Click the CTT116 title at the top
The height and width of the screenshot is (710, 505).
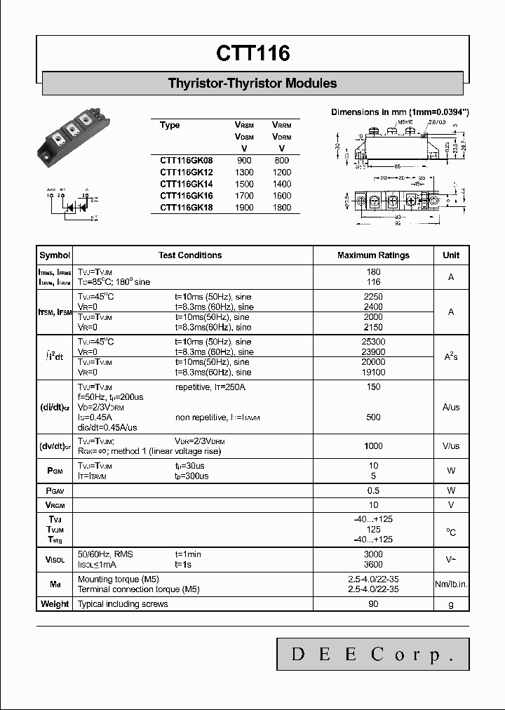point(252,54)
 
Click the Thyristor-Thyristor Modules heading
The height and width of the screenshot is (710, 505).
point(252,83)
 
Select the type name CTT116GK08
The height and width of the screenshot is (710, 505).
point(185,161)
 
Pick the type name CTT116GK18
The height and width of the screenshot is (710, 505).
point(185,208)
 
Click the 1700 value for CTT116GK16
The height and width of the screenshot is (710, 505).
point(244,196)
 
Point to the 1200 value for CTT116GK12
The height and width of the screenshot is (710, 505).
point(281,173)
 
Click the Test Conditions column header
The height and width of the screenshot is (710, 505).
point(190,255)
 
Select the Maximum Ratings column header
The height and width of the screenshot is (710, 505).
point(373,255)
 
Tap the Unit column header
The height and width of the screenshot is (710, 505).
point(451,255)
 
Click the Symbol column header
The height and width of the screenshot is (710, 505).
point(55,255)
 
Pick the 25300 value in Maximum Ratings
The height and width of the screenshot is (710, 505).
point(373,341)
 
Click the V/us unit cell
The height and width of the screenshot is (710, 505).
point(451,446)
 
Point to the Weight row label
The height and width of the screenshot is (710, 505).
point(55,604)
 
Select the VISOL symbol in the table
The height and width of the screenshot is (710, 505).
point(55,560)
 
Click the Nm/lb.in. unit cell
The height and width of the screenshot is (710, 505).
point(451,584)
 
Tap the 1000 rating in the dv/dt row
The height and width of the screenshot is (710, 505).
point(373,446)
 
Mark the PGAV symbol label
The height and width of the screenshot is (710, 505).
point(55,490)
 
